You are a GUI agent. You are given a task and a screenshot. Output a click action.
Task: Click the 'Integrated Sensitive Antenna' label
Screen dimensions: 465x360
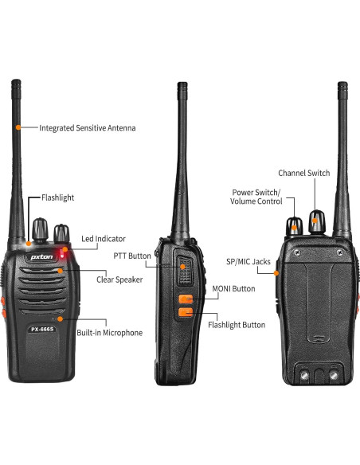(88, 127)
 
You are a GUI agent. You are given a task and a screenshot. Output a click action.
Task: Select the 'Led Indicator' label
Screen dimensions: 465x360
(104, 239)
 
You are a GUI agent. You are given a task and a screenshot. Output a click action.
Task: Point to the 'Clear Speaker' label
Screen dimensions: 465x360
(120, 279)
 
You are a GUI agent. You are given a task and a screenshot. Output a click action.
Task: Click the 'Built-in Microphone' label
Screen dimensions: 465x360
(110, 333)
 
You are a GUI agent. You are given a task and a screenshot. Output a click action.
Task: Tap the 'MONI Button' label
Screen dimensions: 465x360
(233, 288)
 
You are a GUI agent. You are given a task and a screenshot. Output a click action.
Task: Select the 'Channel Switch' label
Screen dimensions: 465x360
(303, 173)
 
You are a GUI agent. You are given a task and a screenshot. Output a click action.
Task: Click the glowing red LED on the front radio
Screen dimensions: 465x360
(70, 252)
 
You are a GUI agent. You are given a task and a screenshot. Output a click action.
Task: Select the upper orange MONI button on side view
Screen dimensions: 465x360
(185, 299)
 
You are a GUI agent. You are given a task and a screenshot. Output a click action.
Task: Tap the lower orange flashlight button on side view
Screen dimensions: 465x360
(185, 313)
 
